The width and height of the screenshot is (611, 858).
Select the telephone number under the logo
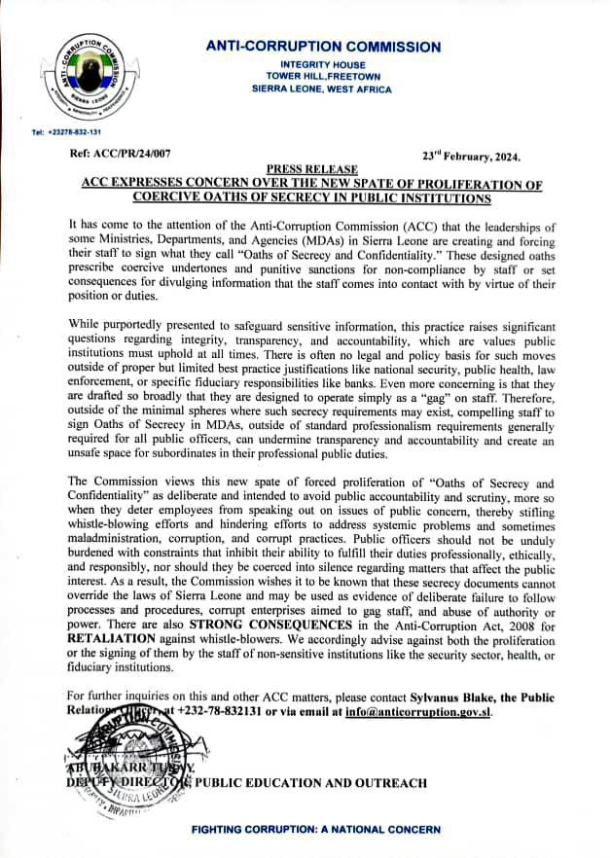pyautogui.click(x=67, y=131)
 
